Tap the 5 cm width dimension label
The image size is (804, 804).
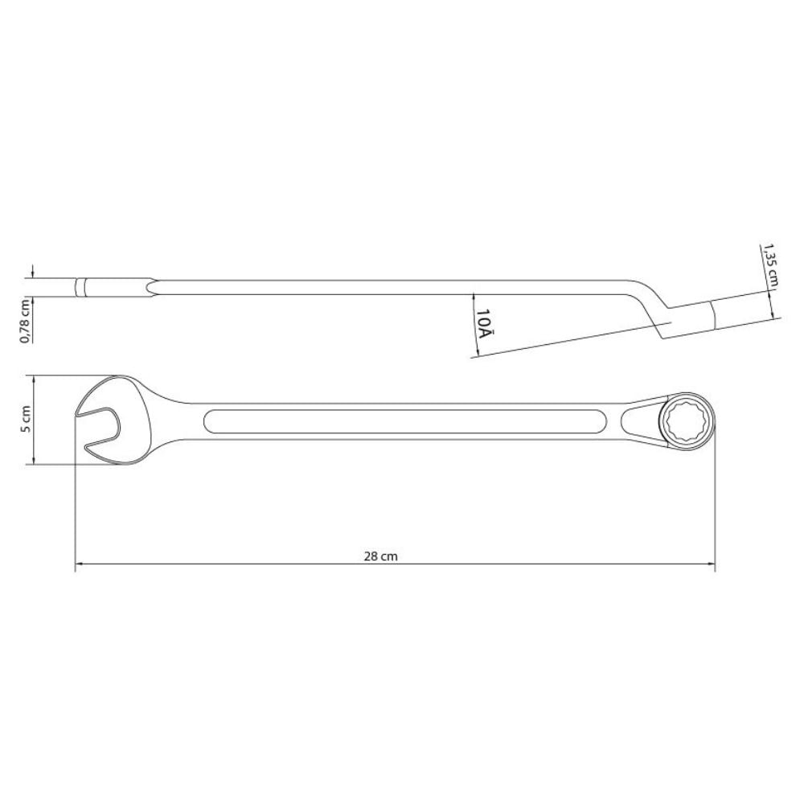26,419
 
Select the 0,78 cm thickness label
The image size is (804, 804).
26,319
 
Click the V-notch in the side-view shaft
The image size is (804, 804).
153,288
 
